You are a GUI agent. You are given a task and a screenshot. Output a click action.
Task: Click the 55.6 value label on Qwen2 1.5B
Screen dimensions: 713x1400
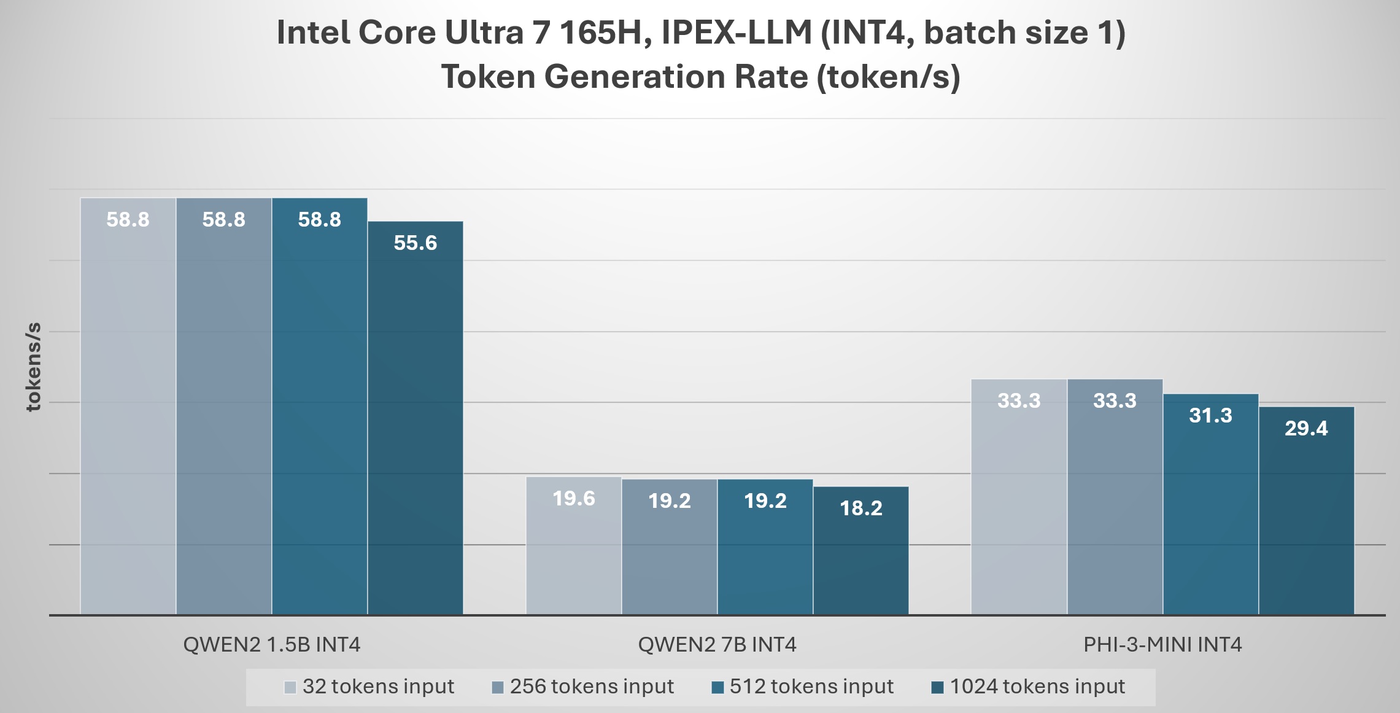click(415, 243)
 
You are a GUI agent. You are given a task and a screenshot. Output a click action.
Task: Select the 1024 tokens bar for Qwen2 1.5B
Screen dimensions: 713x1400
click(415, 430)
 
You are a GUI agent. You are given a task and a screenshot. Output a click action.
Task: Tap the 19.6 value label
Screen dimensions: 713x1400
click(573, 498)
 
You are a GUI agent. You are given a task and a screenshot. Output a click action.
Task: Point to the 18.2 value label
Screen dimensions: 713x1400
click(860, 508)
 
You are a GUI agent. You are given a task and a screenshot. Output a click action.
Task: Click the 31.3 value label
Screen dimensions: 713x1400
click(1210, 416)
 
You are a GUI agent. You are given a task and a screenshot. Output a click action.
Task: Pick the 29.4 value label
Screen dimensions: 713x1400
click(1306, 429)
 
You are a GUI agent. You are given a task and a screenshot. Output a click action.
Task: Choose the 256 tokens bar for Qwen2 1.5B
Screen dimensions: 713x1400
click(223, 418)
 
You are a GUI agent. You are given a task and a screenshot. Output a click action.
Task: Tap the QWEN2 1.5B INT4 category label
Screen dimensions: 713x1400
click(271, 644)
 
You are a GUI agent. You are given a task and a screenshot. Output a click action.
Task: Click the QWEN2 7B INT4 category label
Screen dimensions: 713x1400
click(717, 644)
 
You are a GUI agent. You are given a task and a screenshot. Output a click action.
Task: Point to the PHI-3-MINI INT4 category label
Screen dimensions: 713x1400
click(1162, 644)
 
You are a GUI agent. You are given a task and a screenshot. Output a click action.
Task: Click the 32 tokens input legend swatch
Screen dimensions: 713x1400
click(290, 687)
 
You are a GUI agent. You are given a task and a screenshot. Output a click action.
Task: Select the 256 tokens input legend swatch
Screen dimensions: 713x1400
click(498, 687)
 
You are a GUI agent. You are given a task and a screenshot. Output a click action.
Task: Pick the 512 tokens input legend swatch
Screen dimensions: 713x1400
click(717, 687)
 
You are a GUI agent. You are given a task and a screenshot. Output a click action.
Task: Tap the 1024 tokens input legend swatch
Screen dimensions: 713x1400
click(937, 687)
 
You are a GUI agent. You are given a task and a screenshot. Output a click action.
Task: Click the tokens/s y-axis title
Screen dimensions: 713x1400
click(33, 366)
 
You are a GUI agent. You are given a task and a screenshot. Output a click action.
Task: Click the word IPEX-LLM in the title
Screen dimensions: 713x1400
click(737, 33)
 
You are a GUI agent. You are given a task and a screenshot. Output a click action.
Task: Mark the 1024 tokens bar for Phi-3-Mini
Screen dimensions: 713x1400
click(1306, 522)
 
